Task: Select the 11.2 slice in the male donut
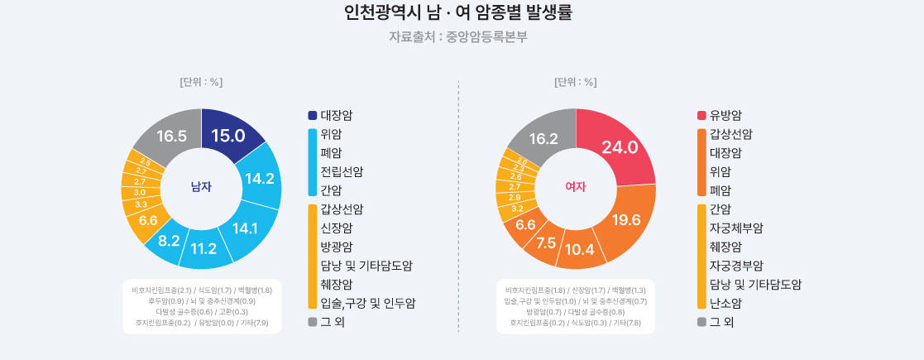[203, 248]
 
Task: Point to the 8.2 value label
[169, 241]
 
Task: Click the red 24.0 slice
[620, 147]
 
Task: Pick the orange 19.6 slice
[626, 219]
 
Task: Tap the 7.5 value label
[547, 242]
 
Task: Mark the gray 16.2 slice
[543, 139]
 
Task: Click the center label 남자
[201, 187]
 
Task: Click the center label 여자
[576, 187]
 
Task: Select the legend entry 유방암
[725, 115]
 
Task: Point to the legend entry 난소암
[725, 303]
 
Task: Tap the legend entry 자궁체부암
[736, 228]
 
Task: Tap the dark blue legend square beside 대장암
[312, 115]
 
